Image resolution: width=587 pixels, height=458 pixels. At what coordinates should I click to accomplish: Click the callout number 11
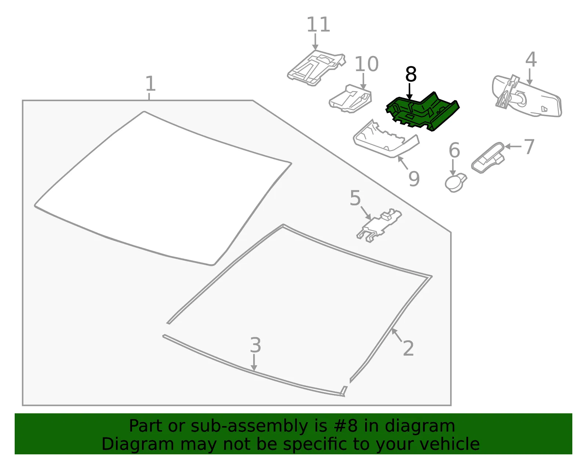tap(318, 25)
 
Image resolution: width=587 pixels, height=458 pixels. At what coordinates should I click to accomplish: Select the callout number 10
tap(366, 64)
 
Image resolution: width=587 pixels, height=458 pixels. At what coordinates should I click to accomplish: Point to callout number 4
tap(531, 59)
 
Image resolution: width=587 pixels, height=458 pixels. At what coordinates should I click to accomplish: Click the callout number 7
tap(529, 147)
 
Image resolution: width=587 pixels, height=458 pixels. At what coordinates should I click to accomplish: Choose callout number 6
tap(454, 150)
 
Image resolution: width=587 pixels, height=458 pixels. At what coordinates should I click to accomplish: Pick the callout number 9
tap(414, 178)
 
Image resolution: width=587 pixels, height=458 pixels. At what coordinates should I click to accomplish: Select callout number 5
tap(355, 198)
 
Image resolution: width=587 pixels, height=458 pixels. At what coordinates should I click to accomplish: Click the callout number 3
tap(255, 345)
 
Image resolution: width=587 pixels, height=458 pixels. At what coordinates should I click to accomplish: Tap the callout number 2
tap(408, 348)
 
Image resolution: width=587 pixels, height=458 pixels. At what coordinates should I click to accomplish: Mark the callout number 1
tap(150, 83)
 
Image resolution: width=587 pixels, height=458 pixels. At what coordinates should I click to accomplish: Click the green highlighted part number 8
tap(422, 112)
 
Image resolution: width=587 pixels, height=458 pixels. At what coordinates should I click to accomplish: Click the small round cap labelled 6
tap(455, 183)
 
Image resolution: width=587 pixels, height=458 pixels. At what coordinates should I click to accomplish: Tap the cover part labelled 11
tap(316, 68)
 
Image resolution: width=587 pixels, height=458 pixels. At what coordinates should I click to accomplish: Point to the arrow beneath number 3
tap(254, 362)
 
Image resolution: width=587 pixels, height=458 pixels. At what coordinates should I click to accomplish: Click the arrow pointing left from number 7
tap(513, 147)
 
